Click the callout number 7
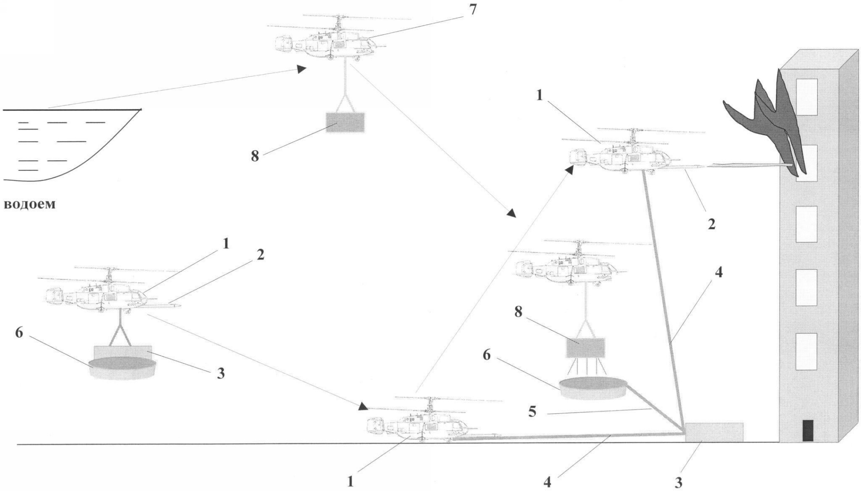click(473, 9)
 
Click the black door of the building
click(808, 430)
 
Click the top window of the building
click(807, 97)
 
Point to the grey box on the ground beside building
click(714, 432)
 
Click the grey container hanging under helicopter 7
click(345, 122)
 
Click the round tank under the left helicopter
click(123, 369)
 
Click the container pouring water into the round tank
click(586, 347)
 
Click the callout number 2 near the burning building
click(711, 224)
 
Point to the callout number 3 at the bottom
click(678, 482)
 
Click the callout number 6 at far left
click(19, 332)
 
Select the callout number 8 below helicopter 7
click(255, 156)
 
